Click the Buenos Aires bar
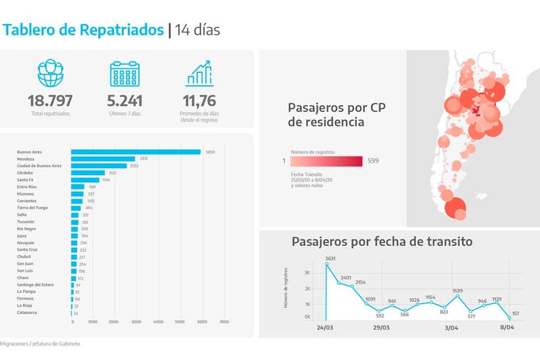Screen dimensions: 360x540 coord(135,151)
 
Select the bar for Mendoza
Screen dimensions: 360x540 coord(102,159)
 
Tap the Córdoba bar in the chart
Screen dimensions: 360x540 coord(88,173)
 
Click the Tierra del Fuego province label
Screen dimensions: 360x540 coord(32,208)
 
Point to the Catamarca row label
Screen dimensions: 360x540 coord(27,313)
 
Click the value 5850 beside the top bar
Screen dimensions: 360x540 coord(210,152)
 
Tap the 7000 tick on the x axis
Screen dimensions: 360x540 coord(224,322)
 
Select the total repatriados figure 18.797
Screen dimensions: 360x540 coord(50,101)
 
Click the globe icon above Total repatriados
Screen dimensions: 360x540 coord(50,73)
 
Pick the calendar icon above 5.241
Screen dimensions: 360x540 coord(125,73)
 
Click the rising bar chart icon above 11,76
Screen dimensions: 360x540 coord(199,73)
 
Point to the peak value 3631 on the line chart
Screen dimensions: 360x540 coord(330,258)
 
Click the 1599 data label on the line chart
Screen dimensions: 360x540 coord(457,290)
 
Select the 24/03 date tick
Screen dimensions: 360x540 coord(325,327)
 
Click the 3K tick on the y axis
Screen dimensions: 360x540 coord(307,272)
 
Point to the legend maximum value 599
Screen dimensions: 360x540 coord(372,161)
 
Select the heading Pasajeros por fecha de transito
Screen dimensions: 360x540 coord(382,241)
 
